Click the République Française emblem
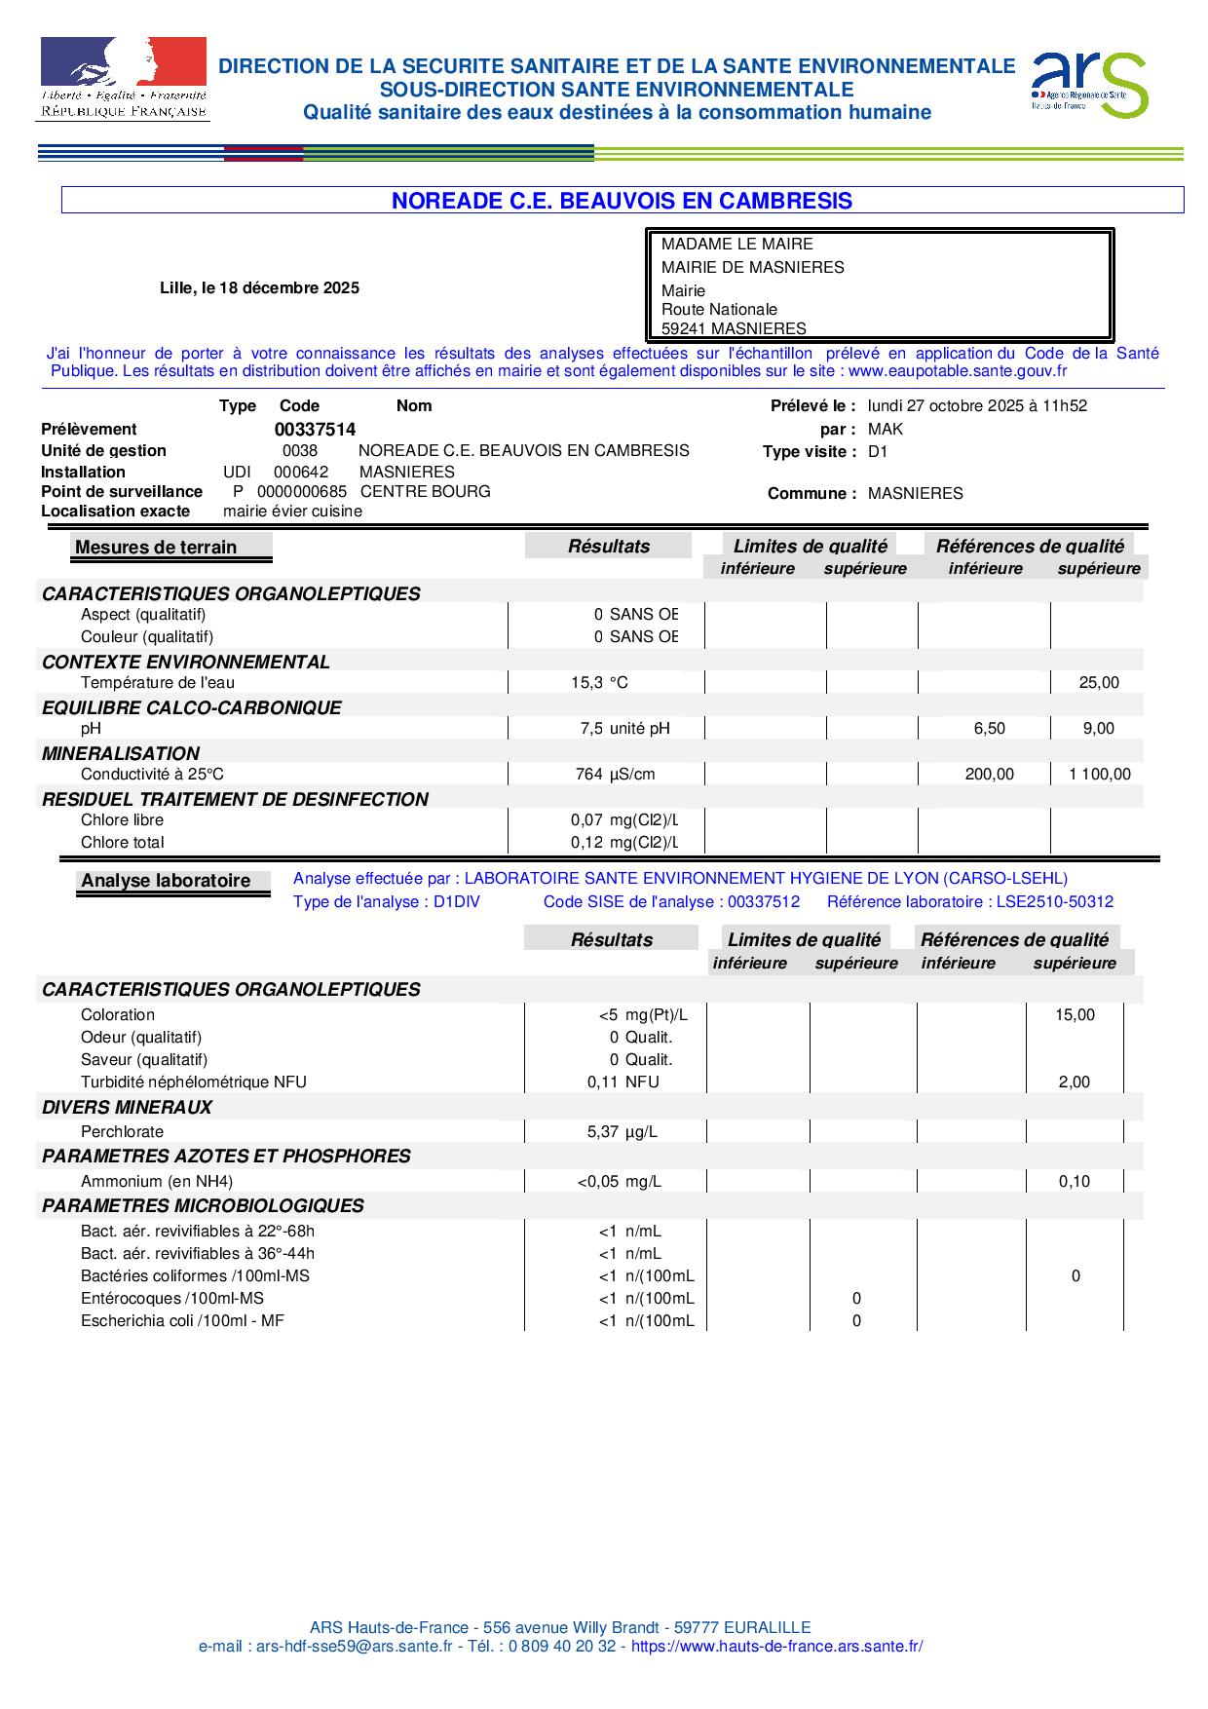click(x=123, y=79)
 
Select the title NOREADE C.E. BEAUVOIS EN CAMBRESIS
click(x=622, y=201)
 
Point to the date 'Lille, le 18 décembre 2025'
click(x=259, y=287)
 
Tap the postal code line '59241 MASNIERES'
click(x=734, y=328)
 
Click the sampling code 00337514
click(x=315, y=429)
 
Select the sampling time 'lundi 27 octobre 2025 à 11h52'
click(x=977, y=405)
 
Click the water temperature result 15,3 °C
click(x=599, y=682)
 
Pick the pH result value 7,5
click(x=591, y=728)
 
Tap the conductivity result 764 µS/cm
click(x=615, y=774)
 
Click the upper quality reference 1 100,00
click(x=1100, y=774)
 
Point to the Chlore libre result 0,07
click(x=586, y=819)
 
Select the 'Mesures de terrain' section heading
click(x=156, y=547)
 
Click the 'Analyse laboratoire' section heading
click(x=166, y=880)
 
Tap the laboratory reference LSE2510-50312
click(x=1054, y=901)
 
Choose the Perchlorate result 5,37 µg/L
click(x=622, y=1131)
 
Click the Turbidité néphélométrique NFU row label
click(x=193, y=1082)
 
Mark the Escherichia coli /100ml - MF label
click(x=182, y=1320)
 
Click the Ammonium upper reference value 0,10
click(x=1075, y=1181)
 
